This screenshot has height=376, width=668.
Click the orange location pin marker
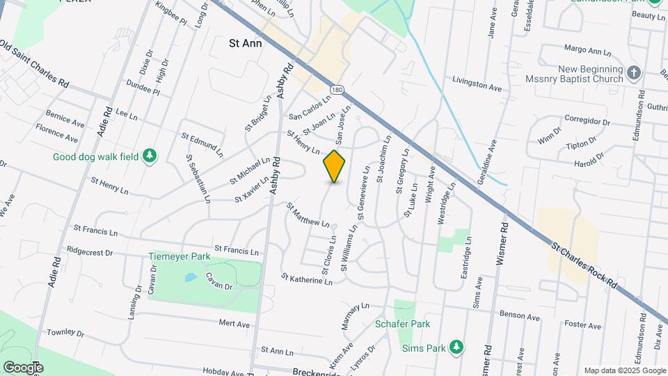click(334, 166)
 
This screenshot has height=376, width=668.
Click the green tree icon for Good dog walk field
click(148, 157)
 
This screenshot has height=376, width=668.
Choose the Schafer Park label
click(402, 324)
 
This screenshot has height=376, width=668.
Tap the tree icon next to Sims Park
click(456, 347)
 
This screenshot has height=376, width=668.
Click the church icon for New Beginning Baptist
click(633, 72)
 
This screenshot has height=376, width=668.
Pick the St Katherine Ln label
click(307, 279)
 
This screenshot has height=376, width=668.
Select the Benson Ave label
click(519, 317)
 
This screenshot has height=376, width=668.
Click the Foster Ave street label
click(582, 325)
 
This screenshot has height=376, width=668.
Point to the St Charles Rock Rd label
click(584, 265)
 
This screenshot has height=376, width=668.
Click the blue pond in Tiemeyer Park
click(189, 277)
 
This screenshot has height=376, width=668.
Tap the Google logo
click(23, 367)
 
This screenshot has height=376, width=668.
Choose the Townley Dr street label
click(65, 333)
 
